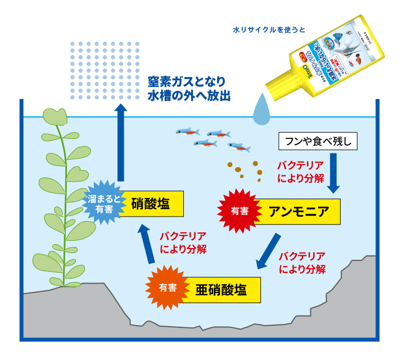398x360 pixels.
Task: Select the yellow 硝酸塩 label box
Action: (150, 202)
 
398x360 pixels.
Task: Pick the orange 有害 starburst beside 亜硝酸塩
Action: (167, 287)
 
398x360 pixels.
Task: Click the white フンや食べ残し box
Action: (318, 142)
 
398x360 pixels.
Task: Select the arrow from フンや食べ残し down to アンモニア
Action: (333, 173)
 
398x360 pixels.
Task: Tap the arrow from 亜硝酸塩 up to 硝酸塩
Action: (147, 244)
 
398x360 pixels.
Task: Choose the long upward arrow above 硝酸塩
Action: (120, 141)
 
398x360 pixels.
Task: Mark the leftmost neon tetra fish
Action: (186, 132)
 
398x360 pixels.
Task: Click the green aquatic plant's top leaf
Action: (56, 116)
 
